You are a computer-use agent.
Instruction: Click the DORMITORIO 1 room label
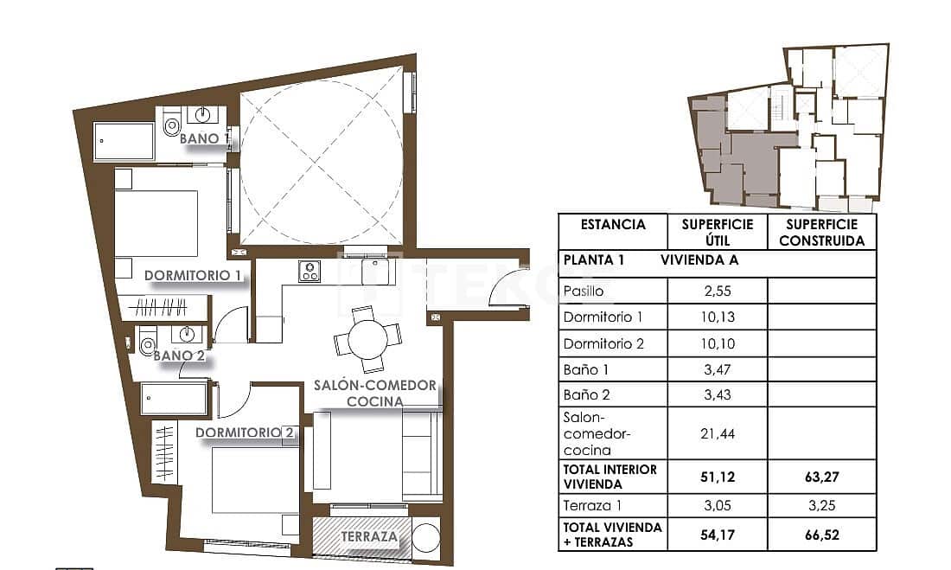(192, 276)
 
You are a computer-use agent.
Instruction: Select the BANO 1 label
(205, 138)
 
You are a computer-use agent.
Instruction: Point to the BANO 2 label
(179, 354)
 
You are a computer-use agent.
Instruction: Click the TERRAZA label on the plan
(369, 537)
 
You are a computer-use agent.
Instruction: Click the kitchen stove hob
(310, 272)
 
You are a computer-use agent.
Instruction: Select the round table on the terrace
(425, 537)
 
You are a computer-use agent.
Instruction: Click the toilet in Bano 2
(146, 344)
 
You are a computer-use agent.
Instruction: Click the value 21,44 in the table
(717, 433)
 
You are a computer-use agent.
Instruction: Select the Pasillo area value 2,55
(717, 291)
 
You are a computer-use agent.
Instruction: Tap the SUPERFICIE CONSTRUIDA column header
(821, 233)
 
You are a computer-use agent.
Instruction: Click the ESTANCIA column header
(613, 225)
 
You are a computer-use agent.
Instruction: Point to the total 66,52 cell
(821, 535)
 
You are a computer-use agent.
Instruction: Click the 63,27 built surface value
(821, 477)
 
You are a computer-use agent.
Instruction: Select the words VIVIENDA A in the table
(699, 259)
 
